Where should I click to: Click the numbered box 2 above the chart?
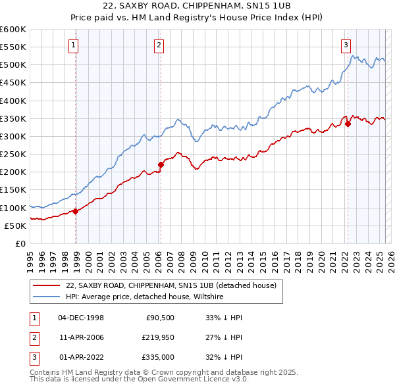click(x=159, y=45)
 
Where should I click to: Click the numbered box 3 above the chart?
click(x=346, y=45)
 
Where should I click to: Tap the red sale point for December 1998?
click(x=76, y=211)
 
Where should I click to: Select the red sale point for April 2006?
click(x=161, y=164)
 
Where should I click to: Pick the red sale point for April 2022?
click(x=348, y=124)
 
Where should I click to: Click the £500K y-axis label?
click(x=13, y=65)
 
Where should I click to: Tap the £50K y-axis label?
click(x=15, y=226)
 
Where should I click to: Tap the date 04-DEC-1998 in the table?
click(x=81, y=318)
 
